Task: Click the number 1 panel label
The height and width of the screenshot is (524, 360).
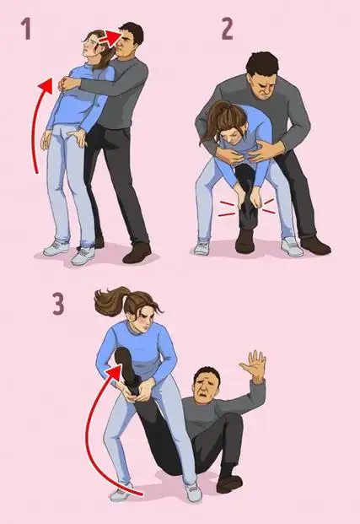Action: (26, 29)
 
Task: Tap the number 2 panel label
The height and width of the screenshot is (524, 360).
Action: (228, 29)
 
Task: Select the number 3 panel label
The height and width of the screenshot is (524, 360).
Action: (58, 304)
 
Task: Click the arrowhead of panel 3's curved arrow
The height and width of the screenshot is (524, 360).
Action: (114, 371)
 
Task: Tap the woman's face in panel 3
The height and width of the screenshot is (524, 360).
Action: (143, 319)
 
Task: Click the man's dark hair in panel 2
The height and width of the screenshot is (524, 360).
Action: (262, 63)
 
